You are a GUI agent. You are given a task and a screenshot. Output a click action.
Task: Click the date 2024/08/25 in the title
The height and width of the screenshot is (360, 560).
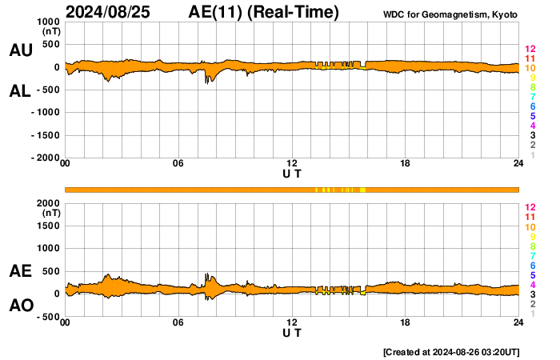click(106, 12)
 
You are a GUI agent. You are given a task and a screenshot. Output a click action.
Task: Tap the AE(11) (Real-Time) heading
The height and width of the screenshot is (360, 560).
click(263, 12)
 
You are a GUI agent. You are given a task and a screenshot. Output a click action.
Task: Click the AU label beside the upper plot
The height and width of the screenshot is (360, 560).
click(20, 50)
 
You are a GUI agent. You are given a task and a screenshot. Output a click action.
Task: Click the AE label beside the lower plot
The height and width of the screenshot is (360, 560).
click(20, 272)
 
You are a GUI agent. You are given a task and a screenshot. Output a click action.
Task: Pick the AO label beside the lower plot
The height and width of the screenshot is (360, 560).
click(20, 306)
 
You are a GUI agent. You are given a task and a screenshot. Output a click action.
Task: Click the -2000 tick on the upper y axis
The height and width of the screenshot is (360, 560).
click(45, 158)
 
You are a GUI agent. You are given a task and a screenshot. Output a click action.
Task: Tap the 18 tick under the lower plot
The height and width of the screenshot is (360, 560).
click(405, 322)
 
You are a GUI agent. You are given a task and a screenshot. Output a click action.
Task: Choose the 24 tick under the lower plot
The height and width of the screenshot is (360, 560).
click(518, 322)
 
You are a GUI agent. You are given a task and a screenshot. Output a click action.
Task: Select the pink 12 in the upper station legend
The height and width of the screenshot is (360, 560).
click(530, 50)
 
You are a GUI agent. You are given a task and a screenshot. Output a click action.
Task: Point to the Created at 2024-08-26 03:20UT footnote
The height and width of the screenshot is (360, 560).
click(463, 352)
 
